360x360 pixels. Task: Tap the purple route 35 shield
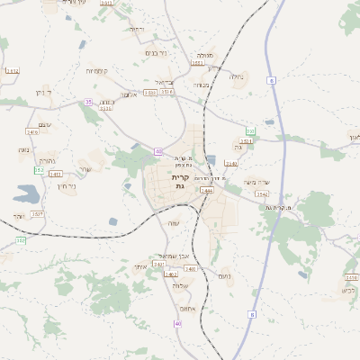coord(88,103)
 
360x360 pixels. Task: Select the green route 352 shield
coord(39,170)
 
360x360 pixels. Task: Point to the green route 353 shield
coord(21,241)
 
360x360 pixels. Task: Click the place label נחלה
coord(237,76)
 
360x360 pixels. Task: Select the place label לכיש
coord(349,290)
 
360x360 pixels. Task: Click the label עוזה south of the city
coord(175,223)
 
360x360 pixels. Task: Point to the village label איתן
coord(139,267)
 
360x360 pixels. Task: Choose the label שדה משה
coord(256,182)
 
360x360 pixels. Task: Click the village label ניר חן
coord(66,186)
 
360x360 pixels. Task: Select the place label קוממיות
coord(97,70)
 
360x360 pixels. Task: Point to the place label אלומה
coord(128,94)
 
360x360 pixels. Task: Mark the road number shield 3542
coord(262,193)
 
